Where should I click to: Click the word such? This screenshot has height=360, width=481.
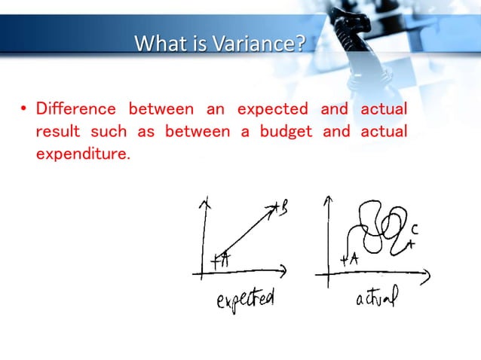click(109, 133)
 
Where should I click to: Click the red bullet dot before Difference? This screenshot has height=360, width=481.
click(23, 110)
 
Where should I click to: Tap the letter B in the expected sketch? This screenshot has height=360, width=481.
click(283, 207)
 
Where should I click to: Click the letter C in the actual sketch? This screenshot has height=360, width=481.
click(415, 228)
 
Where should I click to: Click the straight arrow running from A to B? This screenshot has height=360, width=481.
click(249, 233)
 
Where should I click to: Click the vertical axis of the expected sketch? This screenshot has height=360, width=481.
click(203, 233)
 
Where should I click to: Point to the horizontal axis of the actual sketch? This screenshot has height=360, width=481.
click(377, 273)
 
